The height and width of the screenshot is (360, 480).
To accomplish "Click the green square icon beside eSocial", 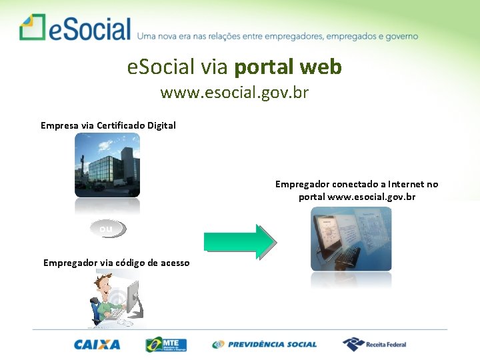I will coord(32,27).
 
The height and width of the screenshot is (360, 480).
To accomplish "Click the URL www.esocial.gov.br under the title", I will coord(234,93).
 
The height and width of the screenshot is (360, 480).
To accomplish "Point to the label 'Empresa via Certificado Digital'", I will coord(108,125).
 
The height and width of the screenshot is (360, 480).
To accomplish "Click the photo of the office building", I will coord(107,164).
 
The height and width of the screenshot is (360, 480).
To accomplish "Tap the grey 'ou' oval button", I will coord(107,229).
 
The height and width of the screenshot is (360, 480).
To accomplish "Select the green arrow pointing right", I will coord(239,241).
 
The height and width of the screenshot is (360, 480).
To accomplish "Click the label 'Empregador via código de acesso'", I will coord(116,263).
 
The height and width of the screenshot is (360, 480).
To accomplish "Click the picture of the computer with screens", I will coord(351,239).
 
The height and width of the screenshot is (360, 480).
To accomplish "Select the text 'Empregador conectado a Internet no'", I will coord(357,184).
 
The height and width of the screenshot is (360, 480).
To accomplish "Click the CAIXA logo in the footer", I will coord(97,345).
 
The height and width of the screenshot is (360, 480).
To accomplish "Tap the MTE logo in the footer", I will coord(166,345).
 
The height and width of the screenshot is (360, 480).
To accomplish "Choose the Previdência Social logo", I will coord(265,345).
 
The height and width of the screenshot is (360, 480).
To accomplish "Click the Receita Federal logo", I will coord(374,345).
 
